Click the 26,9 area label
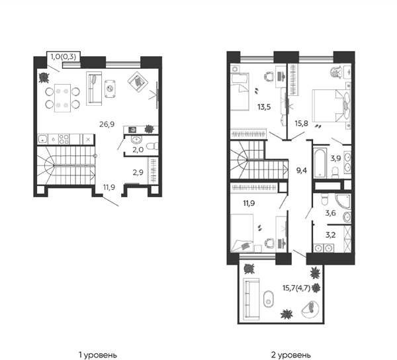point(107,124)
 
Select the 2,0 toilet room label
point(138,150)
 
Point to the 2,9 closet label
point(138,173)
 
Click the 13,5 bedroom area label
point(264,107)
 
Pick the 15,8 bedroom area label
point(301,124)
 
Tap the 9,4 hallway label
point(302,170)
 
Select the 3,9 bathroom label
point(335,158)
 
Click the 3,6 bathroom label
point(330,213)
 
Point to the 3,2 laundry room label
point(330,235)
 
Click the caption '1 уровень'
point(98,355)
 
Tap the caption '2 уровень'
point(291,355)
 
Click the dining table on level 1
point(63,98)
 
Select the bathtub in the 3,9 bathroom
point(320,163)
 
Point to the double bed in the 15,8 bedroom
point(331,105)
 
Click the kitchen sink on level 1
point(42,139)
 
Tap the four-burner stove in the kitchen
point(64,139)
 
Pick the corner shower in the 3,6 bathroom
point(343,202)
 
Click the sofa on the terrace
point(251,298)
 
